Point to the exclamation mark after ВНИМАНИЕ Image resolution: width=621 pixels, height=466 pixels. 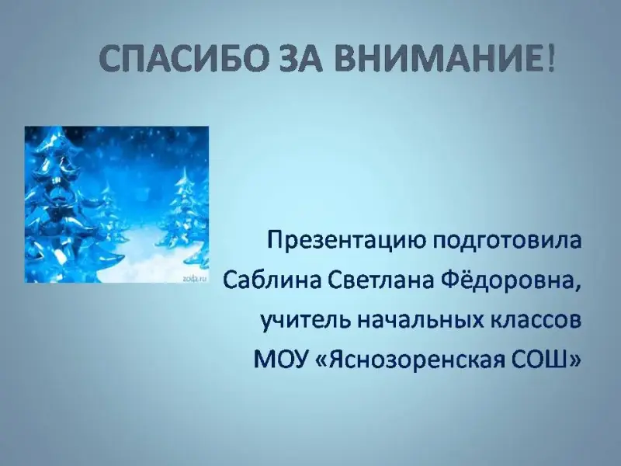coord(550,58)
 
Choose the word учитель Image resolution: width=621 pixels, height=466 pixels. coord(304,321)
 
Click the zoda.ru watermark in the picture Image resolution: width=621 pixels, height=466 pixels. coord(195,279)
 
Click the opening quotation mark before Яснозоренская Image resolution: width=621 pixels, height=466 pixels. coord(322,361)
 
